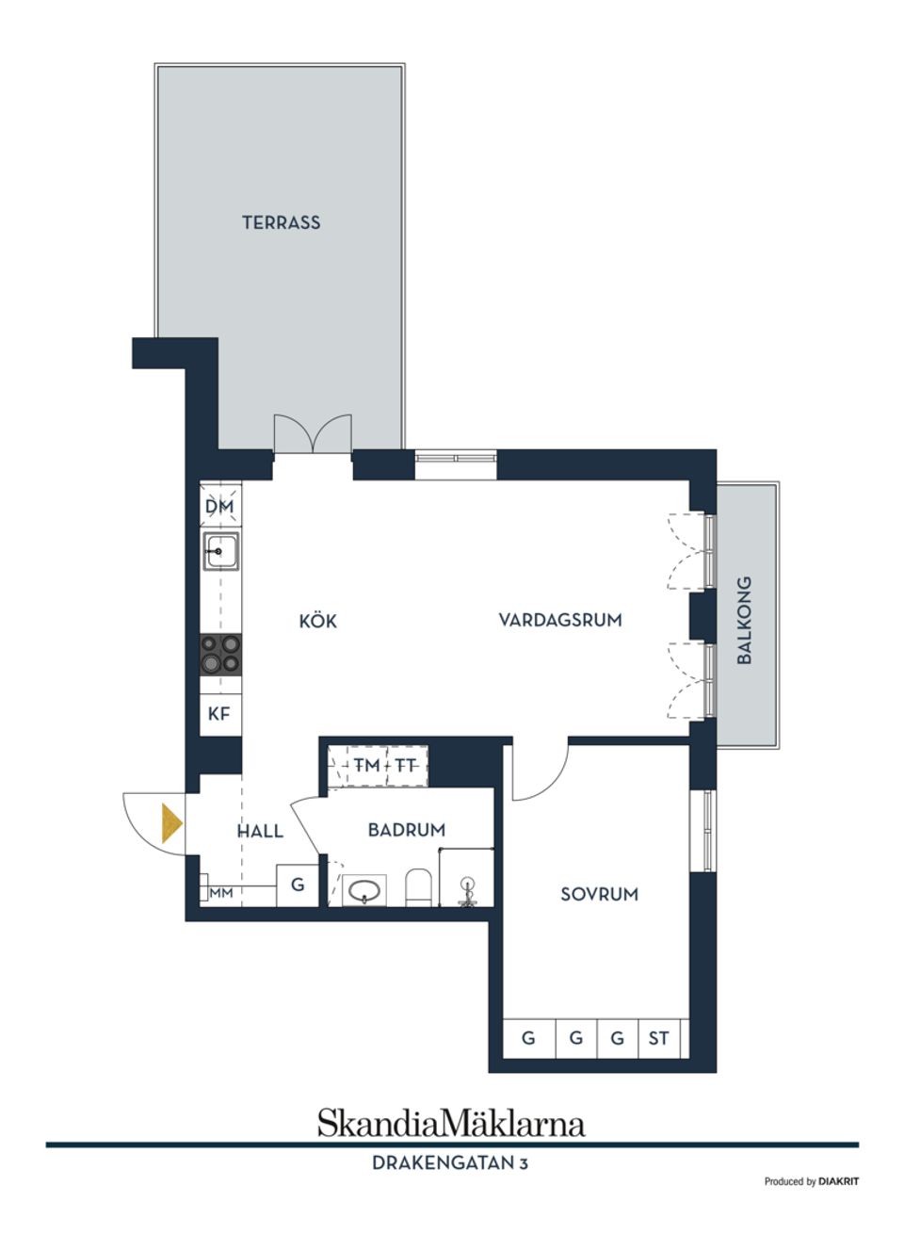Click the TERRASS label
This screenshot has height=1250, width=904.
281,223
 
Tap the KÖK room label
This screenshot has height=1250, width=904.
317,622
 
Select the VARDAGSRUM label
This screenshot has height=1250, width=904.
560,620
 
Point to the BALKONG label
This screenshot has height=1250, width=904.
745,620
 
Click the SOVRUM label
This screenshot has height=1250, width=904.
599,894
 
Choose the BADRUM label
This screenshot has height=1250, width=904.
406,830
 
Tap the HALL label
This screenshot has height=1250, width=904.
260,831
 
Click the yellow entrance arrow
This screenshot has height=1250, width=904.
170,822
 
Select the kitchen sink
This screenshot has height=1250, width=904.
221,550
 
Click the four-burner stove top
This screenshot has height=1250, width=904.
220,654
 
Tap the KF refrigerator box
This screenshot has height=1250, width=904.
219,714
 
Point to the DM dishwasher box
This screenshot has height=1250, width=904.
219,507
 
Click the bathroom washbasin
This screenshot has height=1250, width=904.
364,889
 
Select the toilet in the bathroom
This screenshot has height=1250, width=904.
418,887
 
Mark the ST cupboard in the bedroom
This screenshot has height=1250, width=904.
659,1038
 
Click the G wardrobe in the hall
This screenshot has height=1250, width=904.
298,885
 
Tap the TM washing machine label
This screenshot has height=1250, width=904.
366,765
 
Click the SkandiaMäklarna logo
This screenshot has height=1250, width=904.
450,1123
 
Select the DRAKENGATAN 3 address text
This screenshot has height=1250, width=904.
450,1163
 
